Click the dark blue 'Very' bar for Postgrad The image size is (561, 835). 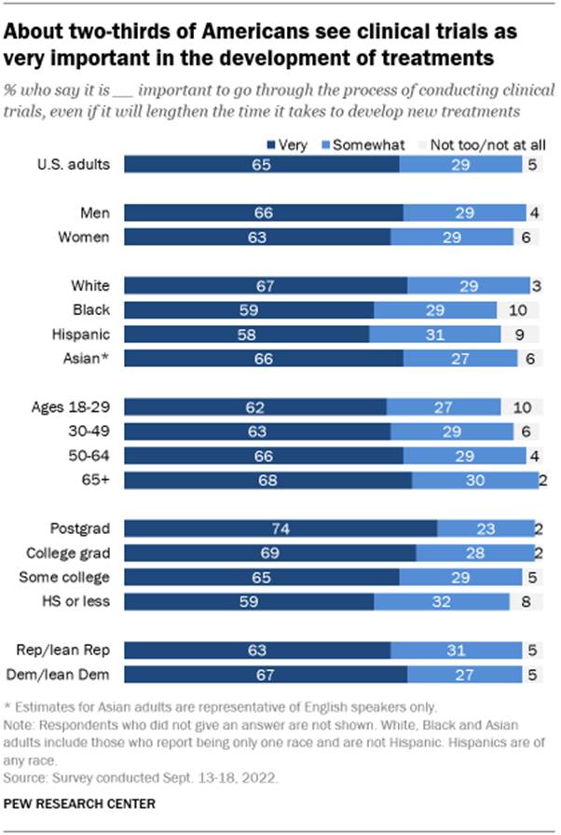pyautogui.click(x=280, y=528)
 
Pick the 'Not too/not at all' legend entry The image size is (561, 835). pyautogui.click(x=476, y=144)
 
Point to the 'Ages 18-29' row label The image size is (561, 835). pyautogui.click(x=75, y=407)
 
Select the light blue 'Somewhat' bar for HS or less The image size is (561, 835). pyautogui.click(x=441, y=601)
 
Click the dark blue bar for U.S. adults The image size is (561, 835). pyautogui.click(x=261, y=164)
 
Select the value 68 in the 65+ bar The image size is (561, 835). pyautogui.click(x=257, y=480)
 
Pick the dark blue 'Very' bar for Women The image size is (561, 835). pyautogui.click(x=257, y=237)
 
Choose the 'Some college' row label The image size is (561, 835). pyautogui.click(x=72, y=577)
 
